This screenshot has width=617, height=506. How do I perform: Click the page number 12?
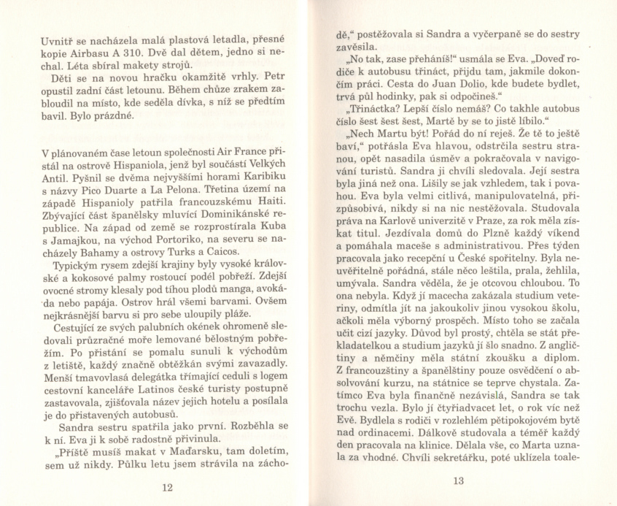pos(167,487)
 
